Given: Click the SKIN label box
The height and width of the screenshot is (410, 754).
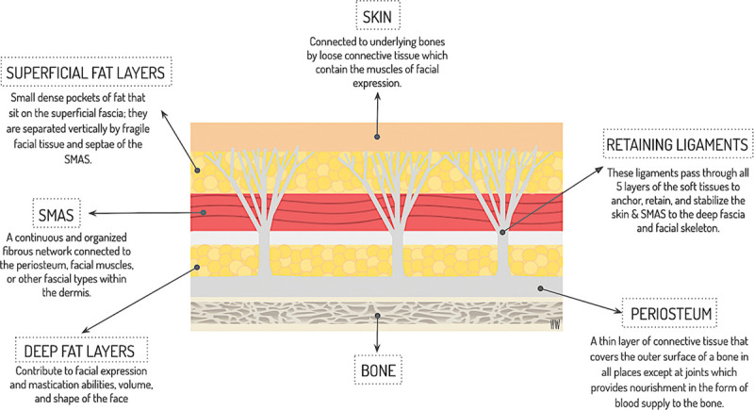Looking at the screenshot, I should point(379,16).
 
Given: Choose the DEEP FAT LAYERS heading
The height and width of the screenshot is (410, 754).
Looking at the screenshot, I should point(79,351).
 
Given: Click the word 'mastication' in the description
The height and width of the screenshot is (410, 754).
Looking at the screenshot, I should point(66,385).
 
